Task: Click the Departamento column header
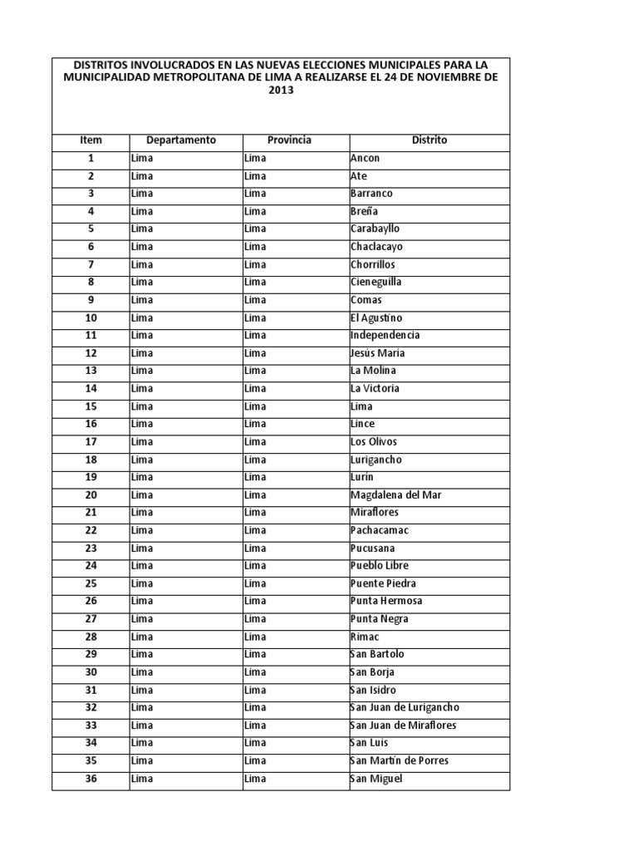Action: click(x=180, y=140)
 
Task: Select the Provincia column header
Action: click(x=289, y=140)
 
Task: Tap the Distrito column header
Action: click(x=429, y=140)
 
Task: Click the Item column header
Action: click(x=91, y=140)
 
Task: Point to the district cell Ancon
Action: click(x=366, y=158)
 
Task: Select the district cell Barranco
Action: click(x=371, y=194)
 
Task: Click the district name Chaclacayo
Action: click(x=377, y=247)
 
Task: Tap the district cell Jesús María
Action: click(x=378, y=353)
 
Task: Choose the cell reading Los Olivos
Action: click(x=373, y=441)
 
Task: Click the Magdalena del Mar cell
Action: click(x=396, y=494)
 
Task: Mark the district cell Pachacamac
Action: click(x=380, y=530)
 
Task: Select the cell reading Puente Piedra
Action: click(x=383, y=583)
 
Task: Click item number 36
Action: click(x=91, y=779)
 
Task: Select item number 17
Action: click(x=91, y=441)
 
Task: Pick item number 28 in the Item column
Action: click(x=91, y=637)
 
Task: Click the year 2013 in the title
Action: click(x=281, y=91)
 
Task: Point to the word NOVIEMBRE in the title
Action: click(x=448, y=77)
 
